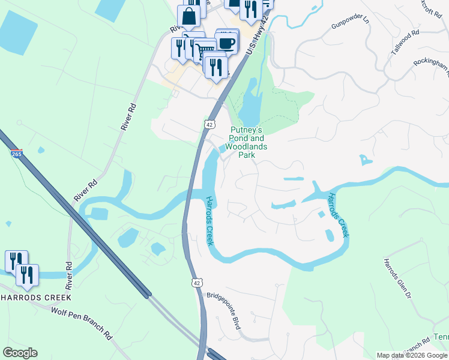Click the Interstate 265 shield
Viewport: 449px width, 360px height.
(16, 154)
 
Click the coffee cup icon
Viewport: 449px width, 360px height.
(227, 43)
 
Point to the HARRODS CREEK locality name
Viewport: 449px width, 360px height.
(35, 298)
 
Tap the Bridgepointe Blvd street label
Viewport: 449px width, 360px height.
(223, 311)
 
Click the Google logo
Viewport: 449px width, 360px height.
(20, 353)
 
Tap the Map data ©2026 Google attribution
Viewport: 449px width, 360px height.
(412, 355)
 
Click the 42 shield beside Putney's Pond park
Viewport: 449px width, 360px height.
(208, 124)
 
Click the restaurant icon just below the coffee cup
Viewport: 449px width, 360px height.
(215, 65)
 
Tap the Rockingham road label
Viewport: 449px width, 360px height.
(432, 68)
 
